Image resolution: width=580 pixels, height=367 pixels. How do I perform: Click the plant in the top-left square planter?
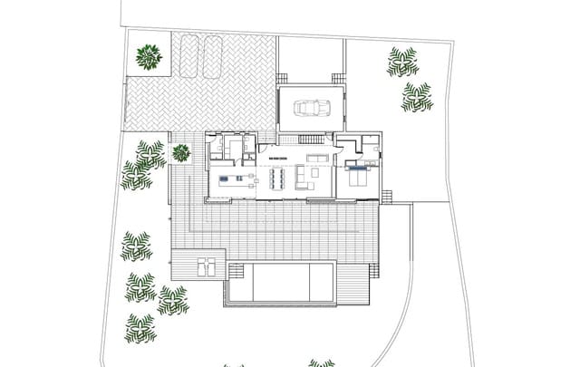[149, 58]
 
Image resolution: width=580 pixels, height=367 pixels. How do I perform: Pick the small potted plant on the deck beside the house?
[181, 152]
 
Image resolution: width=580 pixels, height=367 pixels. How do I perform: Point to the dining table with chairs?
[276, 177]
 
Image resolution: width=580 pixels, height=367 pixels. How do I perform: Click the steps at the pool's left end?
[236, 284]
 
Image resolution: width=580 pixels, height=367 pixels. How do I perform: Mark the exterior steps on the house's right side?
[388, 197]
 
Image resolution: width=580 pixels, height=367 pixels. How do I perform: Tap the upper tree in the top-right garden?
[402, 62]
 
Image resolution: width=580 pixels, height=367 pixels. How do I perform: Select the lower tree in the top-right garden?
[417, 97]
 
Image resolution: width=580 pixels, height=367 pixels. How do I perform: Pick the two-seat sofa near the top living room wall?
[317, 158]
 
